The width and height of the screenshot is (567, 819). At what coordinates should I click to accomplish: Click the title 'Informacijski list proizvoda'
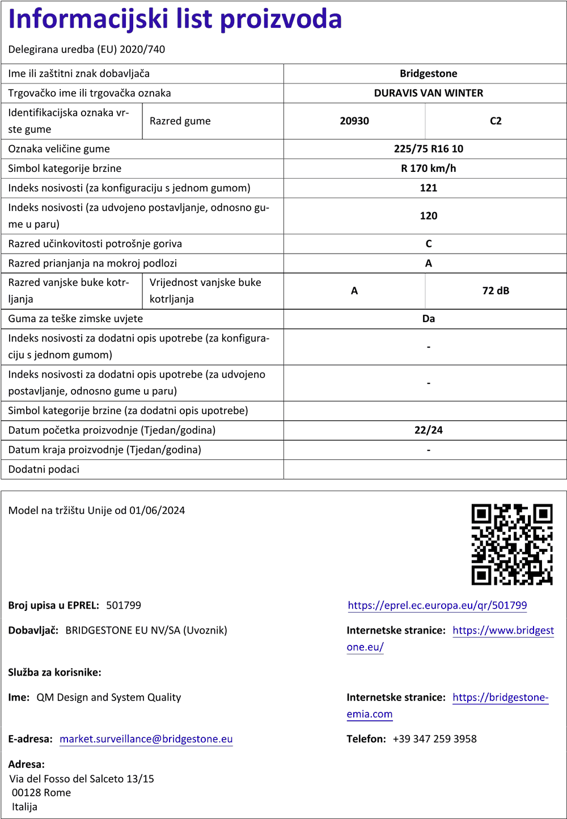[175, 19]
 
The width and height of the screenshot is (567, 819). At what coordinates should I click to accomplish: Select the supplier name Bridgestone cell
[428, 74]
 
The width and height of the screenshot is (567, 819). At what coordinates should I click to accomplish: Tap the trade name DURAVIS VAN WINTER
[428, 93]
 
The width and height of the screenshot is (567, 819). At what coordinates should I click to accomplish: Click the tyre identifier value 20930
[354, 121]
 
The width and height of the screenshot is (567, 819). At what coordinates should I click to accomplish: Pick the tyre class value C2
[496, 121]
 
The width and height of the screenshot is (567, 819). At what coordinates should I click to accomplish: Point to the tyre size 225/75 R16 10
[428, 149]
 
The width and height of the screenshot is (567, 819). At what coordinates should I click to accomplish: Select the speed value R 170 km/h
[428, 168]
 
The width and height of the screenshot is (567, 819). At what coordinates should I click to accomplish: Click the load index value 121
[428, 188]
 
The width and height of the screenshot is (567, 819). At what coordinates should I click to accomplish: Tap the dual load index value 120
[428, 216]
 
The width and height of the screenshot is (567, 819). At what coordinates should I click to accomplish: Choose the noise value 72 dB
[496, 291]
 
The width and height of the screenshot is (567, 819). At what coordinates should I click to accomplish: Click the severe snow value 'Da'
[428, 319]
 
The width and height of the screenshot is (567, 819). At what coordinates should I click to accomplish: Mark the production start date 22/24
[428, 430]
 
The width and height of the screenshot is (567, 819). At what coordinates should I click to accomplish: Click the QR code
[511, 544]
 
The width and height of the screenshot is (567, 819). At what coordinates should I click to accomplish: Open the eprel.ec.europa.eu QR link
[437, 605]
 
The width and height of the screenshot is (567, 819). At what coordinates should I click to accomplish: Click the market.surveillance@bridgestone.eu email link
[146, 739]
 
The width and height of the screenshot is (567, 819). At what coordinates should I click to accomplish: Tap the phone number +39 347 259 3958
[434, 739]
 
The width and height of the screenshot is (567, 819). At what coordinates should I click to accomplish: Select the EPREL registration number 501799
[124, 605]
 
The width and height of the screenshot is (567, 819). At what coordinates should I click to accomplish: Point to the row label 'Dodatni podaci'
[44, 469]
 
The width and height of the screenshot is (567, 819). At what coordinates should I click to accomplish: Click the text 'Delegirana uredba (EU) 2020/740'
[87, 49]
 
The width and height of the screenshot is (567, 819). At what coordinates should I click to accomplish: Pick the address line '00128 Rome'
[41, 792]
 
